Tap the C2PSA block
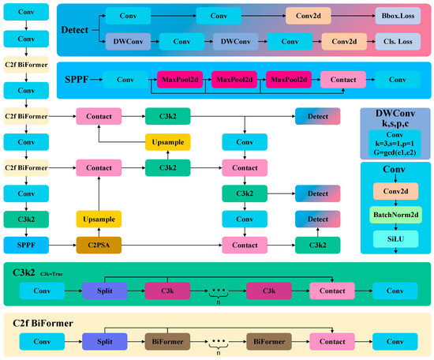98,246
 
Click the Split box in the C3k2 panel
104,290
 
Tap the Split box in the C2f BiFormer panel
104,342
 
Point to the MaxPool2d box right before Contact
288,80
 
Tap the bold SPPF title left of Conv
77,81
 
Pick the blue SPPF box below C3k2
26,246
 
